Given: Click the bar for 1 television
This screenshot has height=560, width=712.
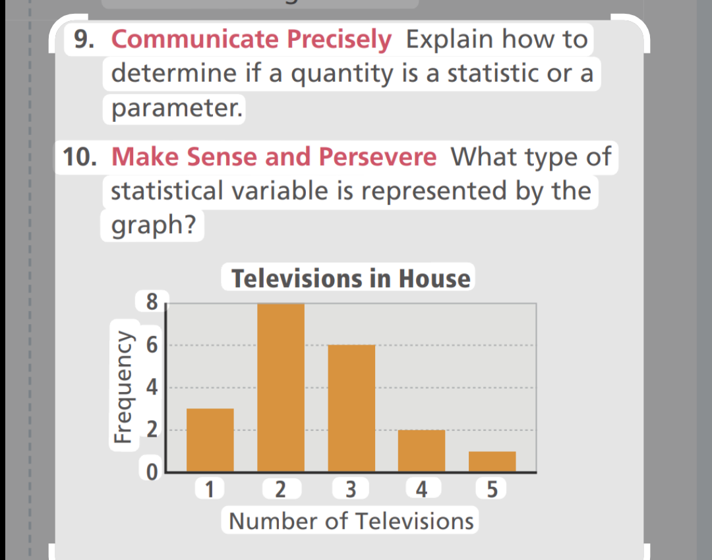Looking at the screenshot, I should point(210,440).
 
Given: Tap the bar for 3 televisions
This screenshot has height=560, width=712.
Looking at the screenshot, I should point(351,408).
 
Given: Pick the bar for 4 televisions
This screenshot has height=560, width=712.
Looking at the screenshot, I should point(422,451).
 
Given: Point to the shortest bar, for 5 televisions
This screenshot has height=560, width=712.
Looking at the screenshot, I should point(492,461).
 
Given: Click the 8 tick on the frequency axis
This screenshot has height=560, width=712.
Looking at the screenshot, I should point(152,302).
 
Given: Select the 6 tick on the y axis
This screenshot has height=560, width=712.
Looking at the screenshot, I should point(152,345).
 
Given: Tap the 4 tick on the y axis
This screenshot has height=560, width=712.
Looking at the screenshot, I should point(152,387).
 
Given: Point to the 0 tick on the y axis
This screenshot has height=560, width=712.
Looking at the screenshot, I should point(152,472).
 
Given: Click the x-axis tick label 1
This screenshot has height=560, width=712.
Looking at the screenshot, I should point(210,490).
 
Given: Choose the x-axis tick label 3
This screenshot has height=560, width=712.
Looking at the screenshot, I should point(351,490).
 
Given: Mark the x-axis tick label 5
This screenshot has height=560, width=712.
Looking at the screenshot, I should point(492,490).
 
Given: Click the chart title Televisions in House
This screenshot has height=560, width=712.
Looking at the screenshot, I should point(351,278).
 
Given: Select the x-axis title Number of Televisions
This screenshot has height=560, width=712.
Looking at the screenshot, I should point(351,521).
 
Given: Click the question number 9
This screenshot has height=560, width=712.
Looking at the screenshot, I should point(83,40).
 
